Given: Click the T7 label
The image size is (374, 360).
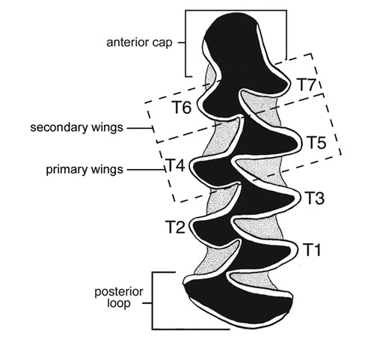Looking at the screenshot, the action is coord(307,85).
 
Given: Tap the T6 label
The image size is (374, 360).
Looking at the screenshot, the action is coord(182,108).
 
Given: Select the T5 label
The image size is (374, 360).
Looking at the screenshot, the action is coord(316,143).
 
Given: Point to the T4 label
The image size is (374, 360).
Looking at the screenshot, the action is coord(176,165).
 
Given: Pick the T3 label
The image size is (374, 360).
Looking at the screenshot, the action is coord(314,198).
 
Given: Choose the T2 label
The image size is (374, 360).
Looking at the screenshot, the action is coord(176,227).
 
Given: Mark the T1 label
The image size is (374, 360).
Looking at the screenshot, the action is coord(312,249).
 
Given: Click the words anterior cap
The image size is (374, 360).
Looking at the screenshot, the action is coord(139,43).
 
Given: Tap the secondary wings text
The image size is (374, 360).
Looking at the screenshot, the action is coord(77,127).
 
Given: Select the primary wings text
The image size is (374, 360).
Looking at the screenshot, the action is coord(85,170).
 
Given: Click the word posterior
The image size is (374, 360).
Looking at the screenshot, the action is coord(119,292).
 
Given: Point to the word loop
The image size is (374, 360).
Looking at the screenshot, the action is coord(119,304).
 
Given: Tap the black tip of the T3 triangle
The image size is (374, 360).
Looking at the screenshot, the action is coord(293,199).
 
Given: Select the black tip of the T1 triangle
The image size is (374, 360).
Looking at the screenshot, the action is coord(290,251).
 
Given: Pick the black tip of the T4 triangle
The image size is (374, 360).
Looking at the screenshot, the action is coord(195,166).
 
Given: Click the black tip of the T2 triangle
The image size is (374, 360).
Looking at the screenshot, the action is coord(195,226).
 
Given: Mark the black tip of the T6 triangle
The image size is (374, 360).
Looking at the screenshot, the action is coord(203,104).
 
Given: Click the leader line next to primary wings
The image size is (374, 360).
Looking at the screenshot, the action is coord(146,170).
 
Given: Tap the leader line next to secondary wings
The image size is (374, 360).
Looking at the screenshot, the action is coord(140,128).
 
